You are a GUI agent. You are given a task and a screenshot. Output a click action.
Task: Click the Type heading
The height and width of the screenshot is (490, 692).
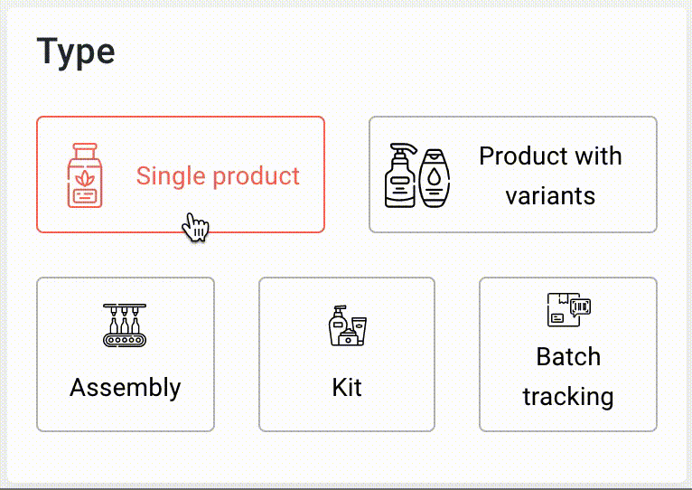[x=76, y=52]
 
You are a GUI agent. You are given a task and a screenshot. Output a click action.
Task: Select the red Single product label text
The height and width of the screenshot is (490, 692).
[x=218, y=176]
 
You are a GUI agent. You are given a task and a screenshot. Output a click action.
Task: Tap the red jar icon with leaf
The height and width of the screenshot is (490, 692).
[x=85, y=175]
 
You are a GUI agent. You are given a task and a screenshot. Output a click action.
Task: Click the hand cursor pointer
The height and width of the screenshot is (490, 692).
[x=195, y=227]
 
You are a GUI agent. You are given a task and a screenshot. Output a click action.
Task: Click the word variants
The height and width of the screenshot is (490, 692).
[x=550, y=196]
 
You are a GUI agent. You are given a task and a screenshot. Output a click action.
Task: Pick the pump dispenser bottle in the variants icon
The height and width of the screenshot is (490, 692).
[x=400, y=175]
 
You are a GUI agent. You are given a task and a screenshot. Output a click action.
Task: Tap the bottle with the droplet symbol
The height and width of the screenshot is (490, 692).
[x=435, y=178]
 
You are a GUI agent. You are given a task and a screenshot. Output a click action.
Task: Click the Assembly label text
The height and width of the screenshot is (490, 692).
[x=126, y=388]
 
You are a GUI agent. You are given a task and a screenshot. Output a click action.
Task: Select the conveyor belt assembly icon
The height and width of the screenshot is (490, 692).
[x=125, y=325]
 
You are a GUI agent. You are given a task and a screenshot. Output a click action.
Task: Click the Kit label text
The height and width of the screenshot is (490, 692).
[x=347, y=388]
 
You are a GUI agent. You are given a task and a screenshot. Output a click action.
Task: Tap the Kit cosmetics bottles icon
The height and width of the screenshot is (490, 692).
[x=348, y=325]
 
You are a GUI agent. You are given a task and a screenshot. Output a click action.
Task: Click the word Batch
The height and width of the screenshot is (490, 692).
[x=568, y=356]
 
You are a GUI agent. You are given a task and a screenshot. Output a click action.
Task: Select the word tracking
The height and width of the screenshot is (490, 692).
[x=568, y=396]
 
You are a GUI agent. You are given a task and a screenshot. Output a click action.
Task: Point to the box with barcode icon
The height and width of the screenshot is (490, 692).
[x=569, y=310]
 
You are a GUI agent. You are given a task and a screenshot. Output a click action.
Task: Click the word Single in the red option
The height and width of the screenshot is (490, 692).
[x=171, y=176]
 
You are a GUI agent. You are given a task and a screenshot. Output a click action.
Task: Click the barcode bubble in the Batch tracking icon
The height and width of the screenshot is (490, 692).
[x=580, y=307]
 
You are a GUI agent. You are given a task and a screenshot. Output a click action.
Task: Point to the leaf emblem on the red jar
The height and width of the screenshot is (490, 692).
[x=85, y=178]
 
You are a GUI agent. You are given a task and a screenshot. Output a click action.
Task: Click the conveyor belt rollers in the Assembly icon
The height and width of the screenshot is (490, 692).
[x=125, y=340]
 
